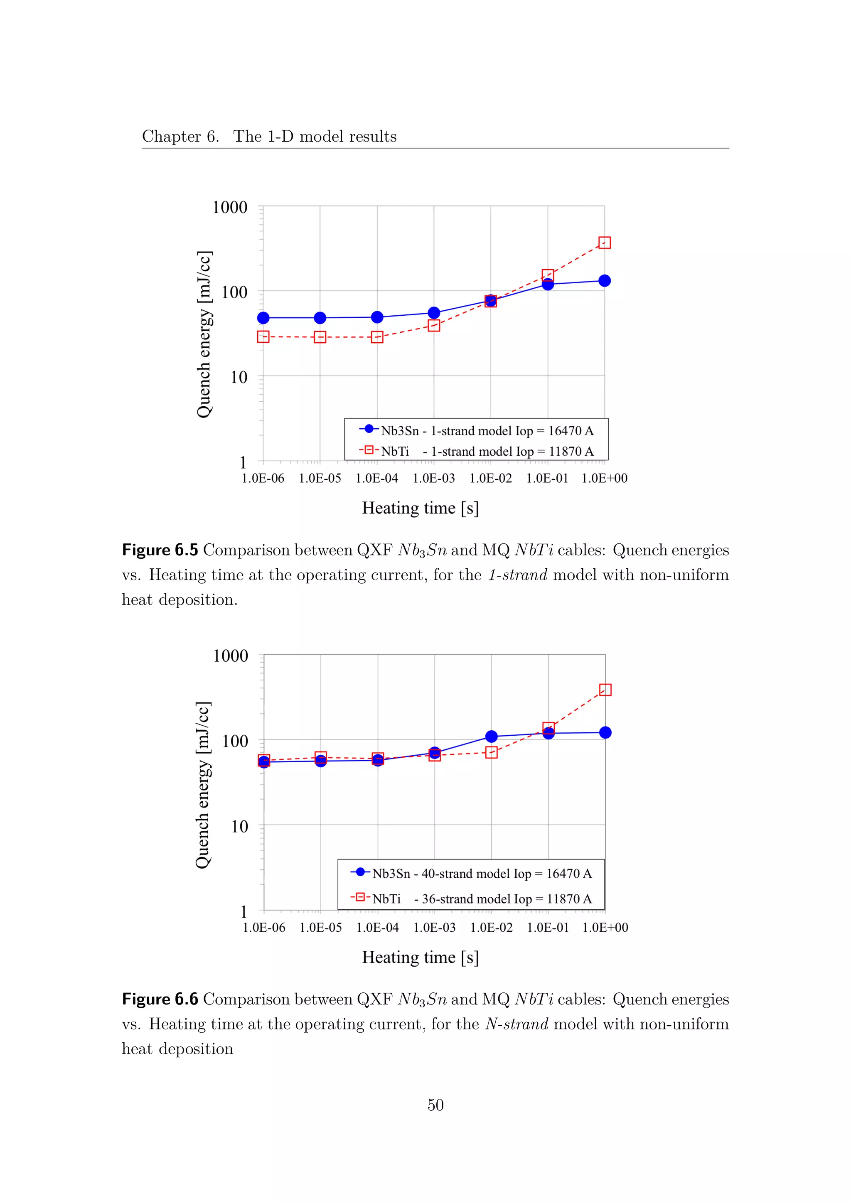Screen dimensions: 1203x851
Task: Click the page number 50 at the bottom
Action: coord(435,1105)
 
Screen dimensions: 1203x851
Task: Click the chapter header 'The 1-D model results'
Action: coord(315,136)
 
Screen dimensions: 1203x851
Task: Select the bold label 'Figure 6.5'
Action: coord(160,550)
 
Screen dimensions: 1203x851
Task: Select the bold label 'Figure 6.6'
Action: coord(160,999)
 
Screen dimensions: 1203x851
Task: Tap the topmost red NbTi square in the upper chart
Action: coord(604,243)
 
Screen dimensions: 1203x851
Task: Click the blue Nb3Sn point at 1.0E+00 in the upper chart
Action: coord(604,281)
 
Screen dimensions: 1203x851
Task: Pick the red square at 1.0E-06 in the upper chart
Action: coord(263,337)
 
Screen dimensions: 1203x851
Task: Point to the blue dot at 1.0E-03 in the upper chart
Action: coord(434,313)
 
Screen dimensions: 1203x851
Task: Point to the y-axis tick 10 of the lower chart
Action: coord(239,826)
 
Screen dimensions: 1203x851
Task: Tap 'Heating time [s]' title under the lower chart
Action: coord(420,957)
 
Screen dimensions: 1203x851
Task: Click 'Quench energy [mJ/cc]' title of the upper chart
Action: coord(204,334)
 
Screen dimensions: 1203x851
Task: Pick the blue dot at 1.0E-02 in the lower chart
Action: coord(491,737)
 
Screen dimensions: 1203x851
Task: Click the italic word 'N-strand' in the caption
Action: coord(516,1024)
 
